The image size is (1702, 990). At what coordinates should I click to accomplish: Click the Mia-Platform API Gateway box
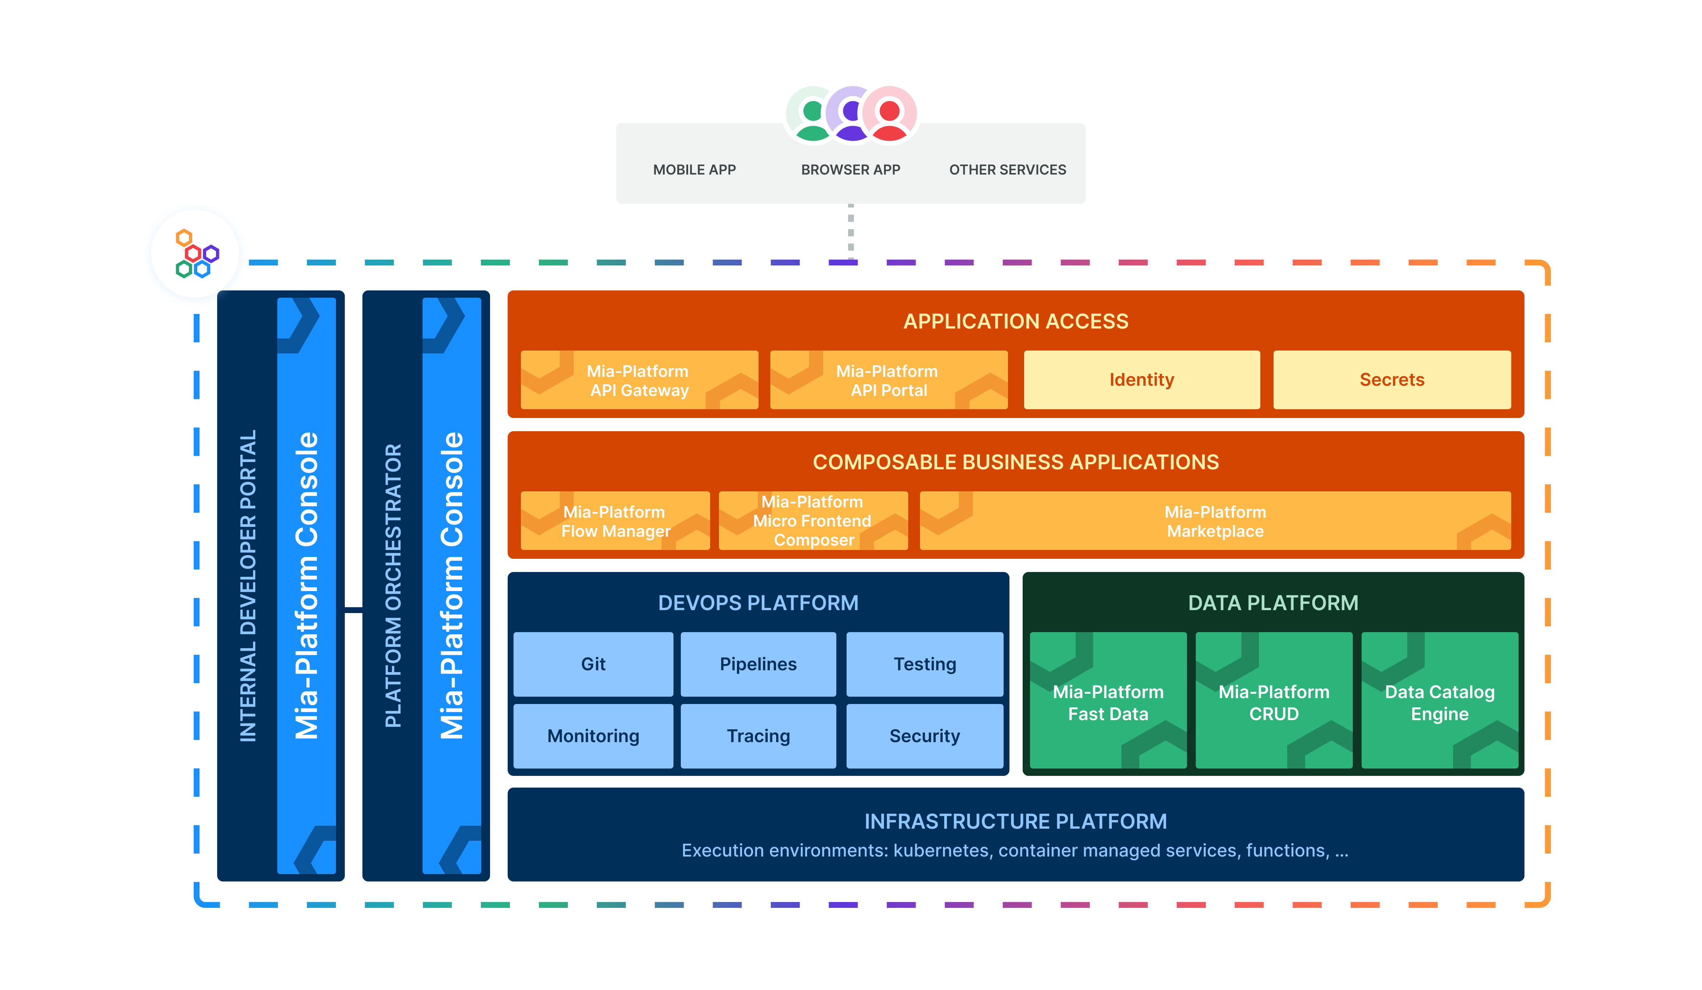click(x=639, y=380)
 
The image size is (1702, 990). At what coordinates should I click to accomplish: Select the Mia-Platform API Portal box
click(x=888, y=380)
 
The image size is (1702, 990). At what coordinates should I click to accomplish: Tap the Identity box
click(x=1142, y=380)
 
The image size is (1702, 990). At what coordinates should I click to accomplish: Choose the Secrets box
click(x=1391, y=380)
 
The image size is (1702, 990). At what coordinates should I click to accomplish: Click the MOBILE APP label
click(x=694, y=169)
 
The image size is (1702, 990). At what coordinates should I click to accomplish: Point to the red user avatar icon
click(x=890, y=113)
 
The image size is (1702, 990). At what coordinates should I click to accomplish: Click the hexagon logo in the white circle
click(x=195, y=254)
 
